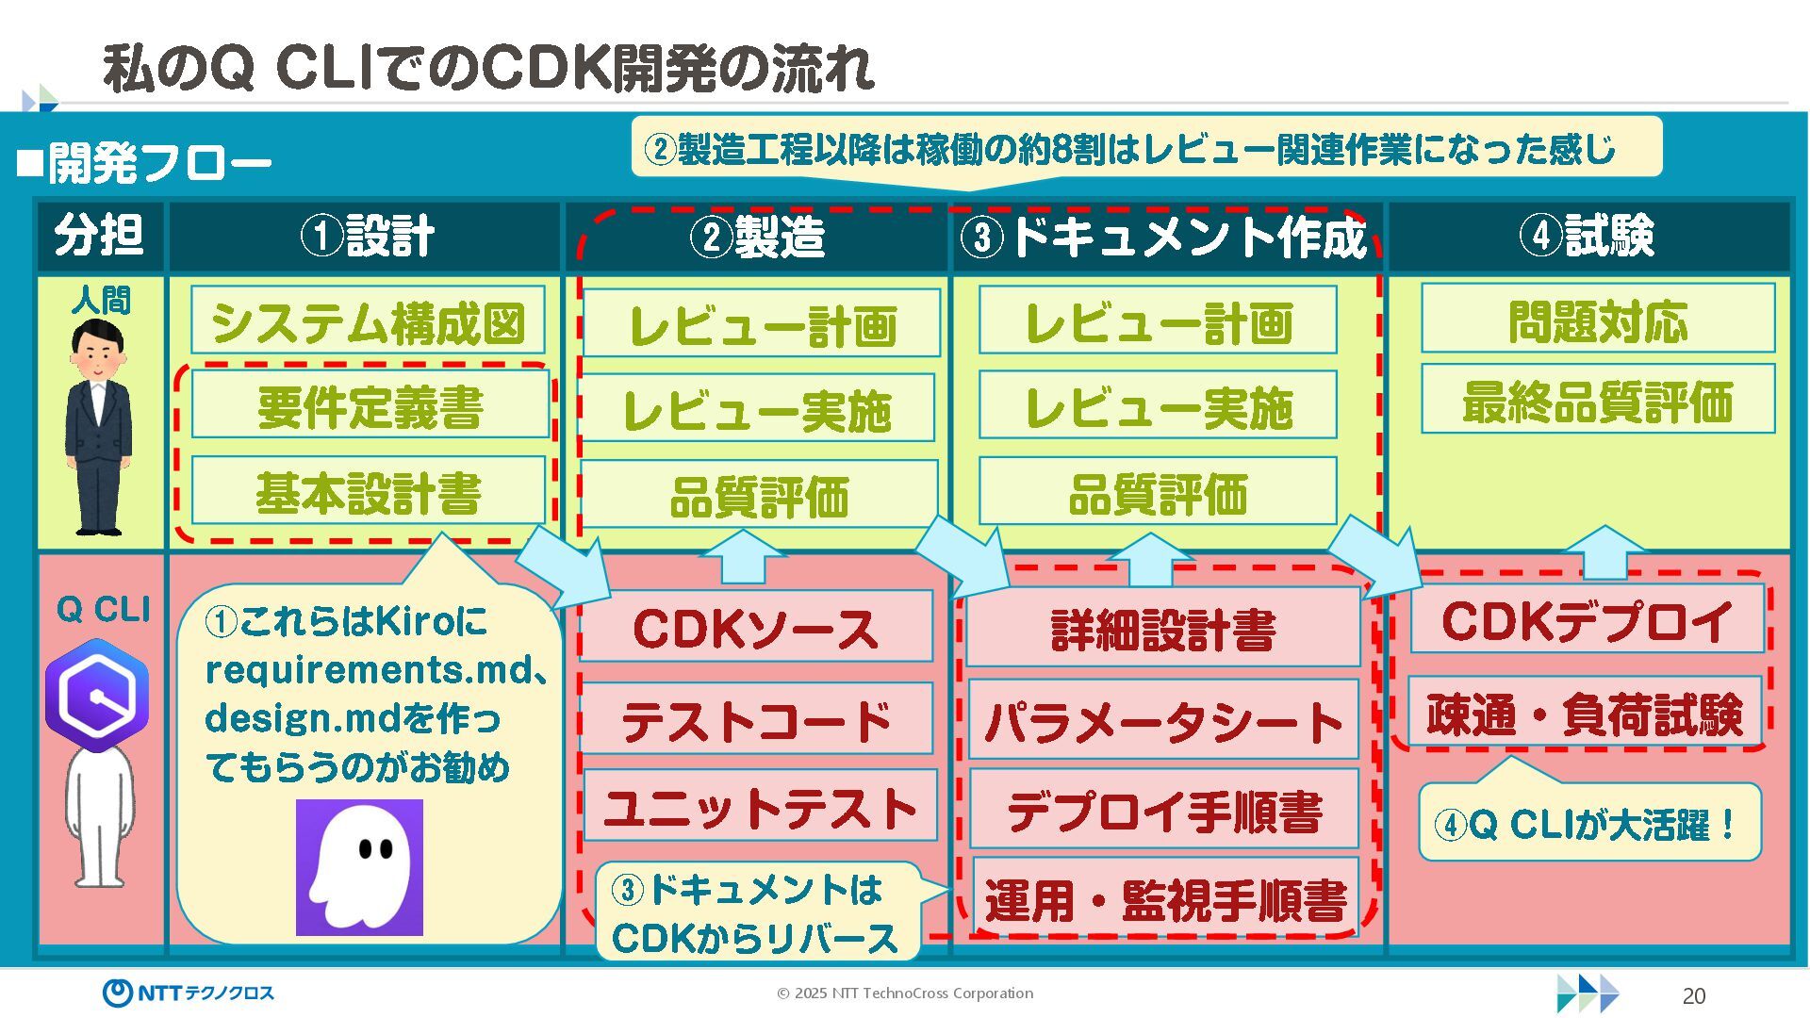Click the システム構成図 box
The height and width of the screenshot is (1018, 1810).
pos(368,321)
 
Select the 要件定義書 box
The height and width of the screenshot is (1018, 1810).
pos(370,405)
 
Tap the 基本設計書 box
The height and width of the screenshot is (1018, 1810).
pos(369,491)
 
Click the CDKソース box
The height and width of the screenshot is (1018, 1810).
pos(756,627)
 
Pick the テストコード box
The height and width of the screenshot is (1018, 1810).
pos(756,719)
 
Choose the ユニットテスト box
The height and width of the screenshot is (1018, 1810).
pos(760,806)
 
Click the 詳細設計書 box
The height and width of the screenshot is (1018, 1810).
pos(1163,629)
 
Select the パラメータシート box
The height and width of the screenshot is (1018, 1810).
pos(1163,720)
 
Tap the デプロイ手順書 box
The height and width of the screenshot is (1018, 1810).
pos(1163,809)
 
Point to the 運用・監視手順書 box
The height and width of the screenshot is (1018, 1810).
pos(1165,897)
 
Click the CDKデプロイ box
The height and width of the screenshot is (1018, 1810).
pos(1587,619)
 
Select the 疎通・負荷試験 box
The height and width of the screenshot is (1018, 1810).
pos(1585,712)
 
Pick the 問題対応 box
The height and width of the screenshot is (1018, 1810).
pos(1597,320)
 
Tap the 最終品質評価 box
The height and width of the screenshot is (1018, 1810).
pos(1597,400)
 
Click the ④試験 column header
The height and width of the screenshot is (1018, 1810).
pos(1588,236)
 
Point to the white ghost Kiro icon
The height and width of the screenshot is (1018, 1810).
pos(360,867)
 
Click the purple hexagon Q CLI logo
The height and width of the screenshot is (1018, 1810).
pos(97,696)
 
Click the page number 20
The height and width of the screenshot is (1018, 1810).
pos(1693,996)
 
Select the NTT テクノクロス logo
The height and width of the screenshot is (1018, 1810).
pos(189,993)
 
